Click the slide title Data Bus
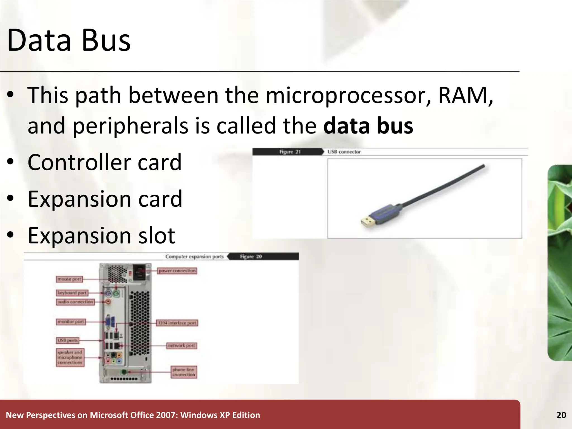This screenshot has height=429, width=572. pyautogui.click(x=69, y=40)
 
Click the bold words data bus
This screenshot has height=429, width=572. pyautogui.click(x=368, y=126)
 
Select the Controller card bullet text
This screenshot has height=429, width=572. pyautogui.click(x=105, y=162)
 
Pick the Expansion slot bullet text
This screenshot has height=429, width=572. pyautogui.click(x=101, y=235)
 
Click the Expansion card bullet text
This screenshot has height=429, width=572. pyautogui.click(x=105, y=199)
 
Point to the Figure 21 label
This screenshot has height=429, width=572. pyautogui.click(x=290, y=152)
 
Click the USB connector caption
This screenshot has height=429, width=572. pyautogui.click(x=344, y=152)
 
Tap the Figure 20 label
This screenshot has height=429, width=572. pyautogui.click(x=251, y=256)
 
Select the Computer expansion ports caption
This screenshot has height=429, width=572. pyautogui.click(x=194, y=256)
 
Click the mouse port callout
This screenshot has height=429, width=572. pyautogui.click(x=69, y=279)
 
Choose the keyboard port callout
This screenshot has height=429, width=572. pyautogui.click(x=72, y=293)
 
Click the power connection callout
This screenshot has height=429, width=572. pyautogui.click(x=177, y=271)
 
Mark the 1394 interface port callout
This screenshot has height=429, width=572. pyautogui.click(x=177, y=323)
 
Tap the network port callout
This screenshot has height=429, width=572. pyautogui.click(x=182, y=345)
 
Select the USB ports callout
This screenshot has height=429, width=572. pyautogui.click(x=68, y=340)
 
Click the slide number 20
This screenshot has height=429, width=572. pyautogui.click(x=561, y=415)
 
